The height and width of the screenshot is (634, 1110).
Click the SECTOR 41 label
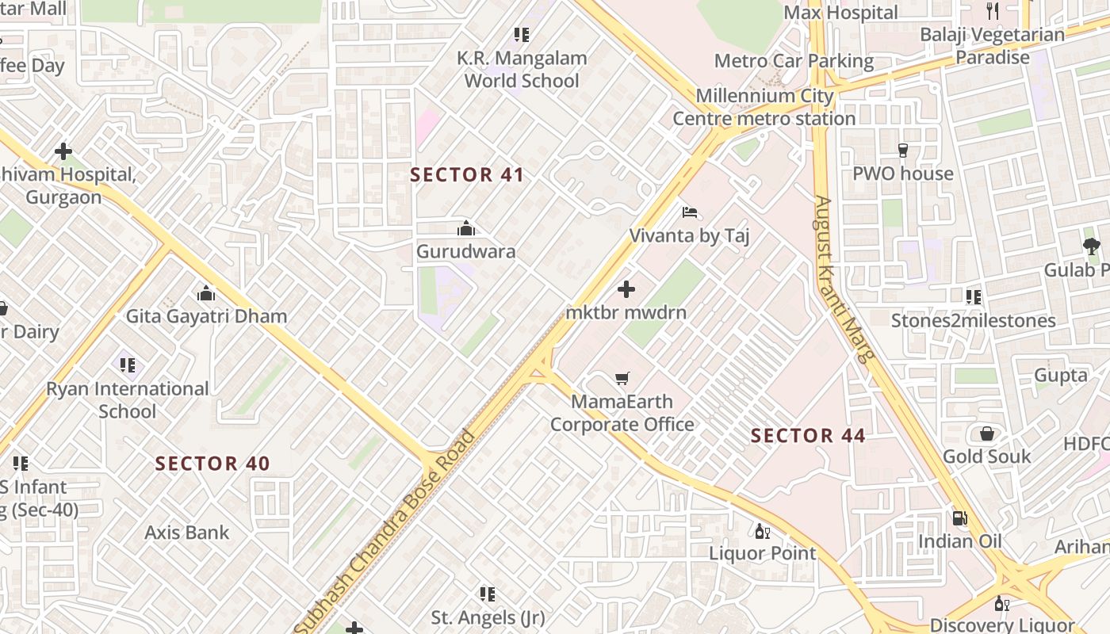(467, 175)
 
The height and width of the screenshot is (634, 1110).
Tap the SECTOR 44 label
(808, 435)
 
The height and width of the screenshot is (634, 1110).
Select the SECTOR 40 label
(212, 464)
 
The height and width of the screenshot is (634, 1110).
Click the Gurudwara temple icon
(466, 229)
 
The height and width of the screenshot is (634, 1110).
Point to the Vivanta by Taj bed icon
(690, 212)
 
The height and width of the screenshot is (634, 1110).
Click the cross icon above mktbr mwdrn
(626, 289)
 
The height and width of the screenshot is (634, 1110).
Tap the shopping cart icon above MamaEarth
(622, 379)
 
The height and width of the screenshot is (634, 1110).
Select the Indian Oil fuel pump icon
(959, 518)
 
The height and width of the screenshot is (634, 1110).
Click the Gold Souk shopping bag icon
(987, 433)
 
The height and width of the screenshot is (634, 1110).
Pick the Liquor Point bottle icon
(762, 531)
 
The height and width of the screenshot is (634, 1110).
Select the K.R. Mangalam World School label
(522, 69)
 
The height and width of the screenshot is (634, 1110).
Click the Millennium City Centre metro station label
(764, 107)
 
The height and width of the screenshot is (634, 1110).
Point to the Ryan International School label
(128, 399)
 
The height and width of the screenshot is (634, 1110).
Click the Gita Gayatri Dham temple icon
(206, 294)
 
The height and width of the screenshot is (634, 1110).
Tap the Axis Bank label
(187, 533)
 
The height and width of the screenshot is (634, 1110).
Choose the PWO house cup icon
(902, 150)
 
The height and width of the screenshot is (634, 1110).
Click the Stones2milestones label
(973, 321)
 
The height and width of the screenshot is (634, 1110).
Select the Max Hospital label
(840, 13)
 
